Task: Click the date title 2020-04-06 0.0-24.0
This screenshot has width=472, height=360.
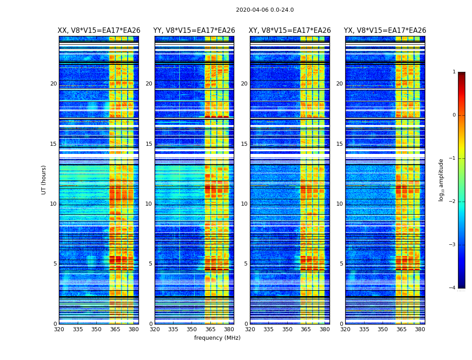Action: point(265,10)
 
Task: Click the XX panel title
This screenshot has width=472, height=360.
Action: point(99,31)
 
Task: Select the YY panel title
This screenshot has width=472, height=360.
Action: point(194,31)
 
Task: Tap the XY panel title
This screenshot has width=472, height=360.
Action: point(290,31)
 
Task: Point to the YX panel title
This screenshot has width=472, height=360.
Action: point(385,31)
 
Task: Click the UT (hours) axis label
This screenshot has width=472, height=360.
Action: point(44,180)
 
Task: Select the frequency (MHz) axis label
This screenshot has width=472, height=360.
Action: point(217,338)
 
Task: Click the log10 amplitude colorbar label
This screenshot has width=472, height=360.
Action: point(441,180)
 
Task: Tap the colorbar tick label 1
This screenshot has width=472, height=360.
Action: point(454,72)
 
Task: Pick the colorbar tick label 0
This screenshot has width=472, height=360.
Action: point(454,115)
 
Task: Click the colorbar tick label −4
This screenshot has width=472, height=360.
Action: point(453,288)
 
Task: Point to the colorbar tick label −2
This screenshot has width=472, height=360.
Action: point(453,202)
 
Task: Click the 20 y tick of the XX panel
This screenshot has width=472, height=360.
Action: point(53,84)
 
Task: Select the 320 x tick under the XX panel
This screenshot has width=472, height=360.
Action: point(59,329)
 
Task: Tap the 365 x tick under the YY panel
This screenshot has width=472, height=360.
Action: point(210,329)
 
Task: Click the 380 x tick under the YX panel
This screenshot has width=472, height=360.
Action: point(420,329)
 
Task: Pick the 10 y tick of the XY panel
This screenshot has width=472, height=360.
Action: point(244,204)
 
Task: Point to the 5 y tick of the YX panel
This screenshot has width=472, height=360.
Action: point(341,264)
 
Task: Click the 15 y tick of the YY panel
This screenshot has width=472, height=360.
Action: point(149,144)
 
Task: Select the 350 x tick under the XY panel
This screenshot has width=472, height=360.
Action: point(287,329)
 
